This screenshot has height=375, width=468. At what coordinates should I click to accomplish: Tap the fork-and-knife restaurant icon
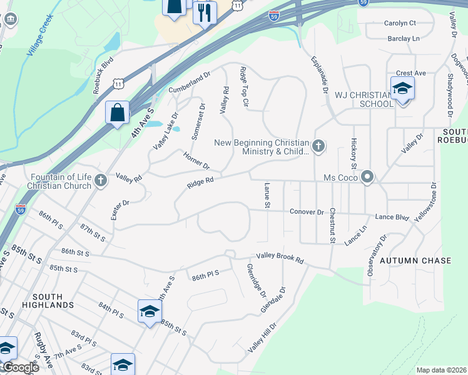[205, 12]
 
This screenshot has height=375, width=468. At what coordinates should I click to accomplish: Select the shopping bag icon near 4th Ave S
[117, 112]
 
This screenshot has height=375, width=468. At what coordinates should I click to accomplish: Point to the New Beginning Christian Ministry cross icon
[318, 146]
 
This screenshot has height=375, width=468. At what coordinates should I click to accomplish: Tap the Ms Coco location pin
[367, 178]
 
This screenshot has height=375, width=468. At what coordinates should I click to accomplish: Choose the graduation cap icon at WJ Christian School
[402, 89]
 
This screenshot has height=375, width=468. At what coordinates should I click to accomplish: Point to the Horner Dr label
[196, 160]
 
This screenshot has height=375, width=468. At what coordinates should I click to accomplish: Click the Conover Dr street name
[307, 212]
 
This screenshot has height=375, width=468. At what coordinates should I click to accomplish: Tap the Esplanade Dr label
[319, 75]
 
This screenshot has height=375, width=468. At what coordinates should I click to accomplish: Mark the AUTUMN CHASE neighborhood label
[415, 260]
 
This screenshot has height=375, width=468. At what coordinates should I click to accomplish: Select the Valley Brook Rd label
[281, 257]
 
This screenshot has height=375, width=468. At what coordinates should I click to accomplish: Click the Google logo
[20, 367]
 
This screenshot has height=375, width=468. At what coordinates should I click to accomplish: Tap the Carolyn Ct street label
[400, 23]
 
